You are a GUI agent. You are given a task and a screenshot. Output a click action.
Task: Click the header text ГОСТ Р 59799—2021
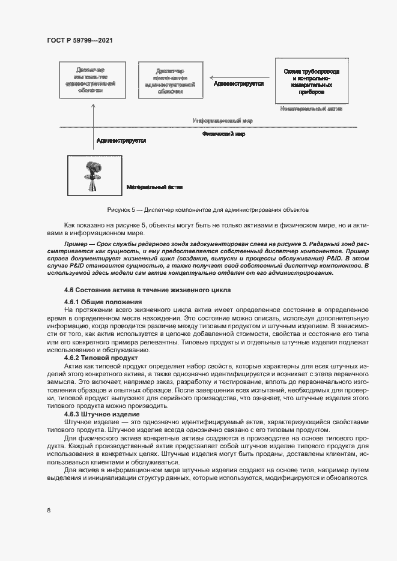(x=79, y=40)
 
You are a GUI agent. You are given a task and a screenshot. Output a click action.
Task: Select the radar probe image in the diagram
(x=93, y=175)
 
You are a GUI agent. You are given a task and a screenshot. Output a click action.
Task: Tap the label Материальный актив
(x=154, y=187)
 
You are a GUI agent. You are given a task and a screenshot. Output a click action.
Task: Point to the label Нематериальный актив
(x=311, y=110)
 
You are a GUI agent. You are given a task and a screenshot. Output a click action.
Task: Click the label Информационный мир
(x=222, y=121)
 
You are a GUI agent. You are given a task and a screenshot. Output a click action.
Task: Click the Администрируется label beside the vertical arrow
(x=121, y=140)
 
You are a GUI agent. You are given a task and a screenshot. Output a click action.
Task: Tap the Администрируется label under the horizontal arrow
(x=239, y=84)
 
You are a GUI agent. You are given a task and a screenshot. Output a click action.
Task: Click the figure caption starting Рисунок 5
(x=207, y=210)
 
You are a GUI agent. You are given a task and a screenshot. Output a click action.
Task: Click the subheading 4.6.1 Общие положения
(x=103, y=301)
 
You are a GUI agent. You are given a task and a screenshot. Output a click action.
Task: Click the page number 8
(x=48, y=511)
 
